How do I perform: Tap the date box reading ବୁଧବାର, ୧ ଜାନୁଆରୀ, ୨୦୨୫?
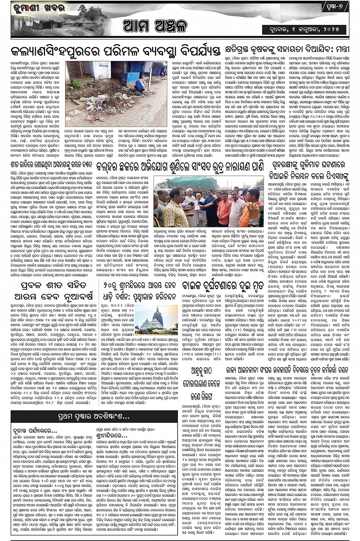coord(305,29)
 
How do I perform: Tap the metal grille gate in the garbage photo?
coord(80,70)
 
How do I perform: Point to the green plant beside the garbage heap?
coord(76,84)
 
